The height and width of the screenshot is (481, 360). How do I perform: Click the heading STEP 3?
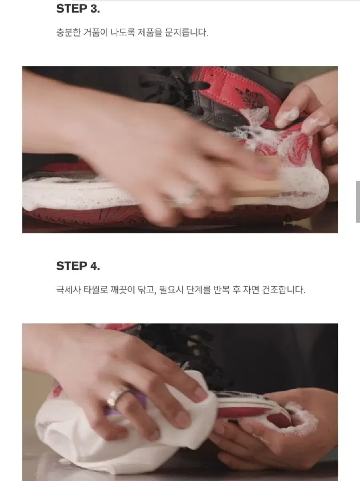(78, 9)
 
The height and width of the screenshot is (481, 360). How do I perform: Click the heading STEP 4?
(78, 266)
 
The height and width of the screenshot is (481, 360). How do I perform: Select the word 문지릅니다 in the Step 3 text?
(186, 33)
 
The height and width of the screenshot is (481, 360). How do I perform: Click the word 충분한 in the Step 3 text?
(69, 33)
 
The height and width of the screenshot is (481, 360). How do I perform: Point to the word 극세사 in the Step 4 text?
(69, 290)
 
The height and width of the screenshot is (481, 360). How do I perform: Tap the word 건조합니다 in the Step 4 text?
(283, 290)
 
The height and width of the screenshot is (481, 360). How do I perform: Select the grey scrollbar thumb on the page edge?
(358, 202)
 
